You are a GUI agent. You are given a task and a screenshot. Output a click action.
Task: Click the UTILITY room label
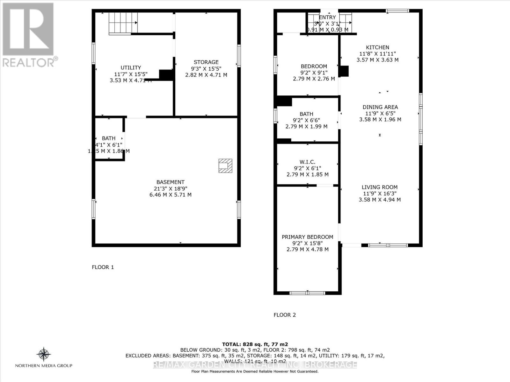click(x=131, y=67)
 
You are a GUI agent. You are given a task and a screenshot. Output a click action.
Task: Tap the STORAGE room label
click(x=206, y=62)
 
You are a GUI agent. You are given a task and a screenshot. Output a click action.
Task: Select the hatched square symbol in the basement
click(x=225, y=166)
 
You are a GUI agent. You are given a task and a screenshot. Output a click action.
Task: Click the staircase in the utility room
click(x=123, y=23)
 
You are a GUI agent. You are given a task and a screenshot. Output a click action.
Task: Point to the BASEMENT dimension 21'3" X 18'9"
click(x=170, y=188)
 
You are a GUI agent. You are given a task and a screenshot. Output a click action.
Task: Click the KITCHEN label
click(x=377, y=47)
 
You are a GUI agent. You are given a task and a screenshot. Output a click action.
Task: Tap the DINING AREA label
click(x=380, y=107)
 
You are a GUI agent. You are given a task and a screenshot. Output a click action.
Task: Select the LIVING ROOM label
click(x=380, y=187)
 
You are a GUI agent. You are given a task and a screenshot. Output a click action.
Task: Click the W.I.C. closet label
click(x=307, y=162)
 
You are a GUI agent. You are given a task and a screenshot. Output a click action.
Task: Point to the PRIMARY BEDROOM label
click(x=307, y=237)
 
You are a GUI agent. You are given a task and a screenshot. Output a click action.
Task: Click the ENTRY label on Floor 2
click(x=327, y=18)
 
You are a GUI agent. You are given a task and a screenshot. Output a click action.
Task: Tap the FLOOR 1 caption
click(x=103, y=267)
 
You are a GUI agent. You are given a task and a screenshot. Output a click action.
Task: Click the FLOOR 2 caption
click(x=285, y=315)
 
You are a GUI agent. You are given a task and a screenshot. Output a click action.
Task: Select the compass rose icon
click(x=44, y=354)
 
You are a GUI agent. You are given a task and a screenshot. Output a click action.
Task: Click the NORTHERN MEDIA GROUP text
click(x=44, y=366)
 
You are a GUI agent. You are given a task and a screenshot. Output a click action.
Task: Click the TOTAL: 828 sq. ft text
click(x=255, y=344)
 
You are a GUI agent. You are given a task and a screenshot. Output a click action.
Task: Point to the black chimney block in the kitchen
click(x=344, y=71)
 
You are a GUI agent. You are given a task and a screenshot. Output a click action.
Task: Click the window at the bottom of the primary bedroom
click(x=307, y=293)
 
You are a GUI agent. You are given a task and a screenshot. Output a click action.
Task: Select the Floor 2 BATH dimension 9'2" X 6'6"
click(x=306, y=120)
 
